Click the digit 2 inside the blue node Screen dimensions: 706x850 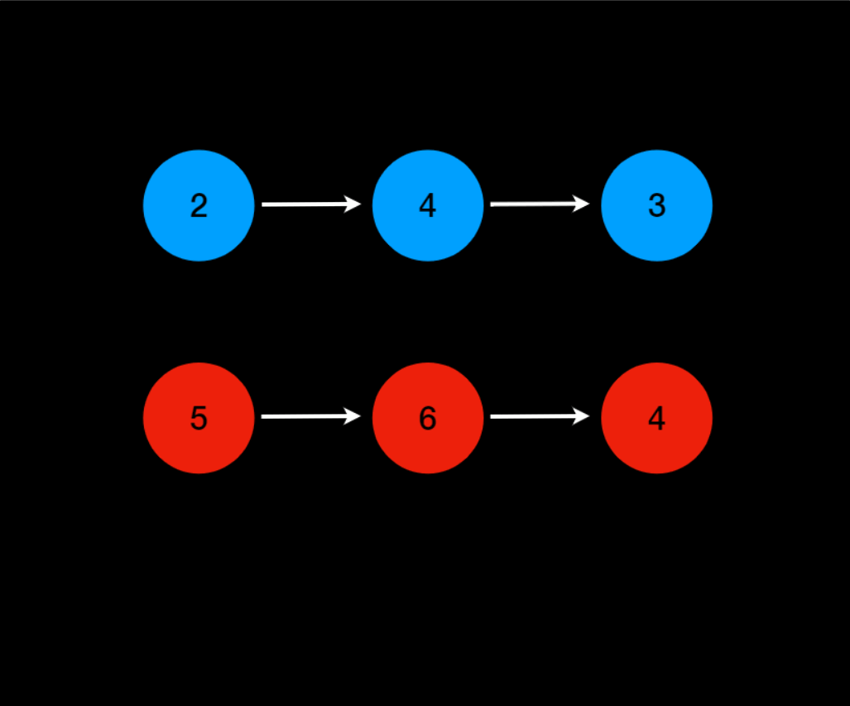pos(199,206)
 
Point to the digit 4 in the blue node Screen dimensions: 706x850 pos(427,205)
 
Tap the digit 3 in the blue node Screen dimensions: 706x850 pos(656,206)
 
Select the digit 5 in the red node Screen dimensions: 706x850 pos(199,419)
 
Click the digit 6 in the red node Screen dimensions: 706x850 pos(427,419)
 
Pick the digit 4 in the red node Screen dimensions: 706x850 pos(656,419)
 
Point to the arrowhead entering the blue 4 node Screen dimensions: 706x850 pos(353,204)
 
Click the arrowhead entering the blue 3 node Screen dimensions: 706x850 pos(582,204)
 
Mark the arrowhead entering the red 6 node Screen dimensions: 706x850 pos(353,416)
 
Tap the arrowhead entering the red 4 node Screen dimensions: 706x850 pos(582,416)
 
